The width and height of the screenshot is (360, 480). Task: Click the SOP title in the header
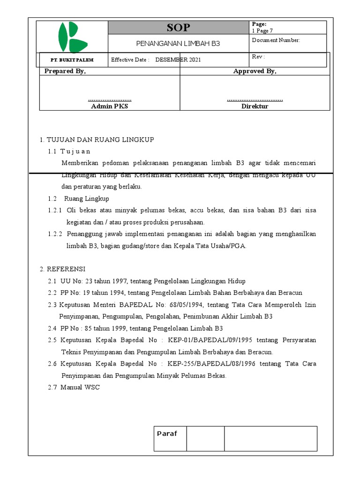point(178,27)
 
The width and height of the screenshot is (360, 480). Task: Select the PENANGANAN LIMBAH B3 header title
point(178,44)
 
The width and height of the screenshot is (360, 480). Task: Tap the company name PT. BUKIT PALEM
point(72,60)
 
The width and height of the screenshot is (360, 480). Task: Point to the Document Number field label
point(276,40)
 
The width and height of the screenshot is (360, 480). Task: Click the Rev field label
point(258,57)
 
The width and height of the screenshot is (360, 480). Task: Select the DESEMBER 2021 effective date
point(178,60)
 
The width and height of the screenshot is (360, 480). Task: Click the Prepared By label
point(65,71)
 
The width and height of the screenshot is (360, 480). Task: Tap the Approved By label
point(255,71)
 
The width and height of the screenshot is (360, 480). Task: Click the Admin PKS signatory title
point(109,106)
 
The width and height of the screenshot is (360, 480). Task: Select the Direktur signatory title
point(255,106)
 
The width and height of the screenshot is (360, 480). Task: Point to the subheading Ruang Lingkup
point(86,198)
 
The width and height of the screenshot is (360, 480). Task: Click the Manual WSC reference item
point(80,387)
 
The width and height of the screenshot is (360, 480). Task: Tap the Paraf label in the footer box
point(167,434)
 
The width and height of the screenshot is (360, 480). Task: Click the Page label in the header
point(259,24)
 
